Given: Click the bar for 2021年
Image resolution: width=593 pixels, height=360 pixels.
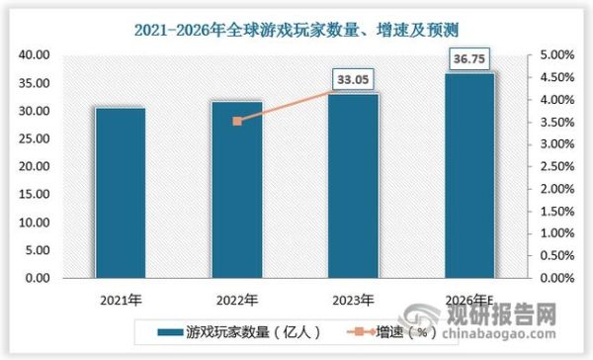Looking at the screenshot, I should [x=121, y=193].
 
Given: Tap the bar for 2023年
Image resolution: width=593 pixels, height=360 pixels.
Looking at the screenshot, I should [x=353, y=186].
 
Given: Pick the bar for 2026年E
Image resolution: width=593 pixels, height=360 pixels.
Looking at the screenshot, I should [x=469, y=176].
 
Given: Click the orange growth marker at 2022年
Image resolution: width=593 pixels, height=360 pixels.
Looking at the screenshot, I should [x=237, y=121].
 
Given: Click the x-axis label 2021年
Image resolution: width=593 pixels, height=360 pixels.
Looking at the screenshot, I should [x=121, y=300].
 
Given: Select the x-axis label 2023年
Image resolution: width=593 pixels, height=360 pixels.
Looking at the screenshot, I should [x=353, y=300].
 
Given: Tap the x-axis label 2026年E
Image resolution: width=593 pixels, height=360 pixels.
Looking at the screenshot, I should [x=469, y=300].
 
